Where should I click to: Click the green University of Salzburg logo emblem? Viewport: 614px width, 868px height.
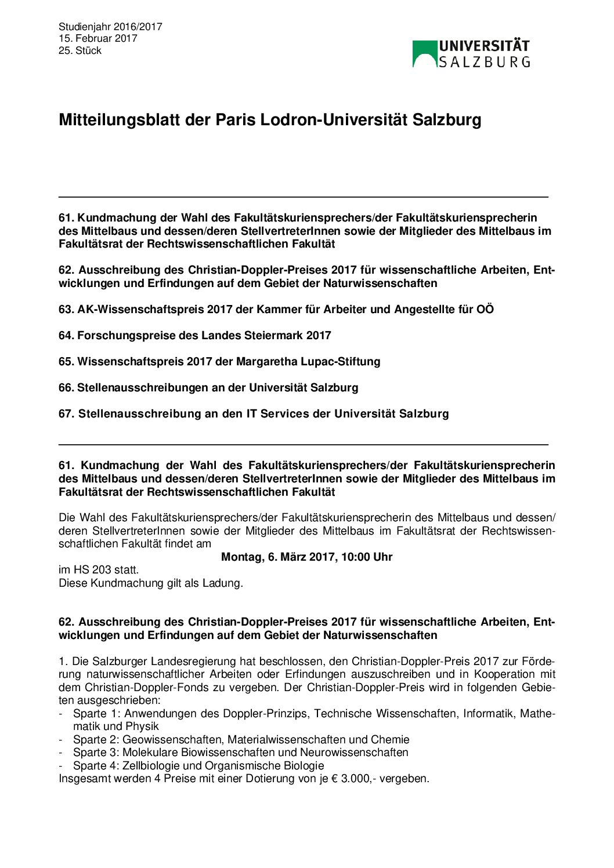pos(425,53)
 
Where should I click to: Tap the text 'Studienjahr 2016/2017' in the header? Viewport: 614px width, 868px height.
pos(110,27)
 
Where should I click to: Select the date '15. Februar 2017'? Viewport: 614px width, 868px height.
pos(97,38)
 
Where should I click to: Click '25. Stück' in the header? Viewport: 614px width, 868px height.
pos(80,50)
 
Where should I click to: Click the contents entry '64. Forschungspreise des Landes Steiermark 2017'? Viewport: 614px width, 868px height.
pos(194,335)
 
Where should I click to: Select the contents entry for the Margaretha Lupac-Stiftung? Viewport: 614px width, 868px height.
pos(219,361)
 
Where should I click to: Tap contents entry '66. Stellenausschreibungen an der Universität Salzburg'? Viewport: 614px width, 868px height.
pos(208,387)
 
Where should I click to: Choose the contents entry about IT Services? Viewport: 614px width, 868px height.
pos(253,413)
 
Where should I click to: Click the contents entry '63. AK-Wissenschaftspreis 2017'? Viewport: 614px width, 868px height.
pos(276,309)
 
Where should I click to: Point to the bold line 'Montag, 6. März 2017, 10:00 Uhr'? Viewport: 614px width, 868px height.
pos(306,557)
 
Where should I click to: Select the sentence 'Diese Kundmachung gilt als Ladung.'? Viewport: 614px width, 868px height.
pos(151,583)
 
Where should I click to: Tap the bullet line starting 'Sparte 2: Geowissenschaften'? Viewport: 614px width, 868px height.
pos(241,739)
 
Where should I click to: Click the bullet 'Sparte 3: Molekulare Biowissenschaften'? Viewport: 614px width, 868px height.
pos(240,752)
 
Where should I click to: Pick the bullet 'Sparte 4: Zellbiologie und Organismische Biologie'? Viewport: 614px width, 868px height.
pos(198,765)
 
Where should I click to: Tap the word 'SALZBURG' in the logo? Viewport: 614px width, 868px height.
pos(484,62)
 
